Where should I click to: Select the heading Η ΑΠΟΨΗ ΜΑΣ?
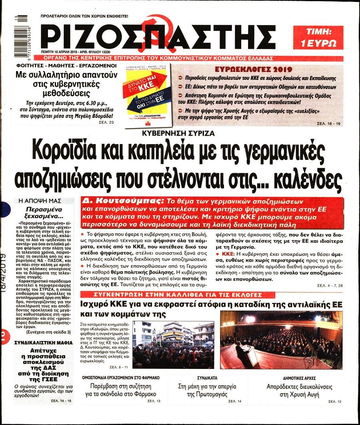(30, 200)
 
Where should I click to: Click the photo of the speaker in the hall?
(281, 340)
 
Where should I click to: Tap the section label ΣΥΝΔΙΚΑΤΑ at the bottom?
(207, 377)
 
